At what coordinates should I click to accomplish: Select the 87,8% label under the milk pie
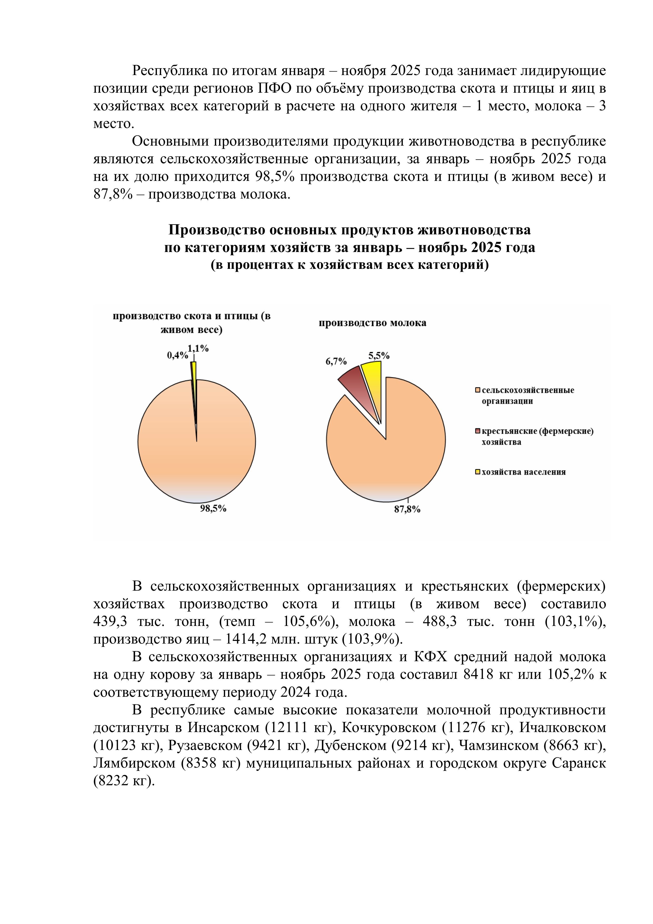pyautogui.click(x=407, y=510)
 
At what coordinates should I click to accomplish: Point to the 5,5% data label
pyautogui.click(x=379, y=356)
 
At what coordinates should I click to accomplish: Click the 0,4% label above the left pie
pyautogui.click(x=177, y=355)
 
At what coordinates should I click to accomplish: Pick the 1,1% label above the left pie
pyautogui.click(x=198, y=349)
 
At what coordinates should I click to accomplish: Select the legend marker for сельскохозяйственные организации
pyautogui.click(x=478, y=390)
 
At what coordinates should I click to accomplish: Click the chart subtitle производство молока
pyautogui.click(x=373, y=323)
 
